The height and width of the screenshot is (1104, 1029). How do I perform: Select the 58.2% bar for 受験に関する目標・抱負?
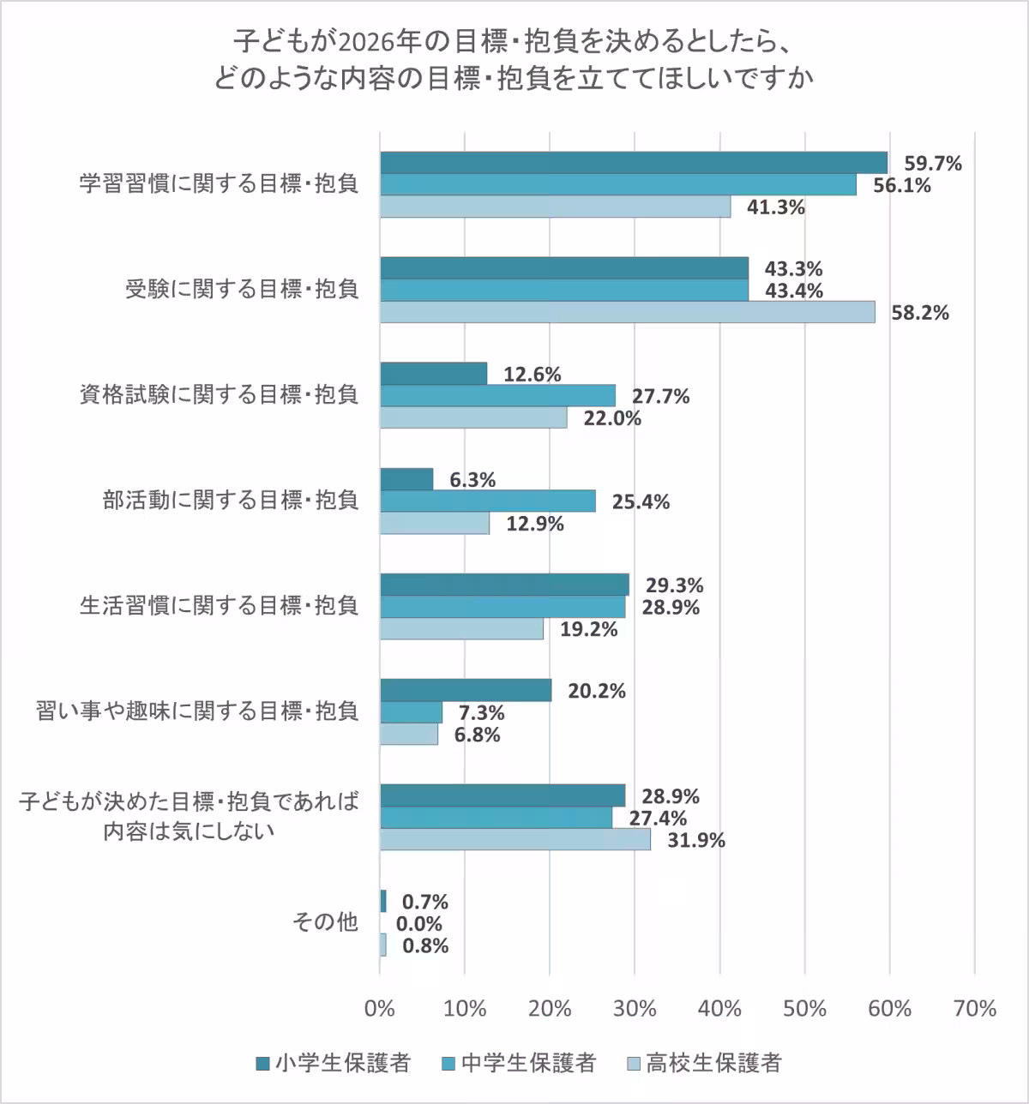tap(628, 312)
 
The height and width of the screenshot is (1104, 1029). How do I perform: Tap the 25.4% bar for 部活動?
tap(487, 501)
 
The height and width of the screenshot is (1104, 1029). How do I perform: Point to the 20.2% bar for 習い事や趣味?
tap(466, 691)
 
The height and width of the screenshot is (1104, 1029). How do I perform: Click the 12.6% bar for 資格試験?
tap(433, 374)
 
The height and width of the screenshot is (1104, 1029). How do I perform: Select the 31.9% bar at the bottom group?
tap(514, 840)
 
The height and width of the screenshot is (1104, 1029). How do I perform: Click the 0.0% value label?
tap(419, 924)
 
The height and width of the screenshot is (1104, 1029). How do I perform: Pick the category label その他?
tap(324, 922)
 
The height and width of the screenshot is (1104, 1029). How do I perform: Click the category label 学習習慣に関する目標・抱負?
tap(219, 184)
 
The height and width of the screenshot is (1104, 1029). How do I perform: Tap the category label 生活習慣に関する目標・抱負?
tap(219, 606)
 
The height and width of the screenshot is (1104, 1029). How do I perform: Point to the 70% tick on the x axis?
tap(974, 1009)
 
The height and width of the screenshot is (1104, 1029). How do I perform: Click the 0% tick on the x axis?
tap(380, 1009)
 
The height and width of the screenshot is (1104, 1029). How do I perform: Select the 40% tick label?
tap(719, 1009)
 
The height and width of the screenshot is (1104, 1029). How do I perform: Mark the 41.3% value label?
tap(775, 207)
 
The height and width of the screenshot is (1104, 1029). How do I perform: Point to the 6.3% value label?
tap(472, 480)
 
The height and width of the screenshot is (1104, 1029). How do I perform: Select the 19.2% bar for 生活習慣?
tap(461, 629)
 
